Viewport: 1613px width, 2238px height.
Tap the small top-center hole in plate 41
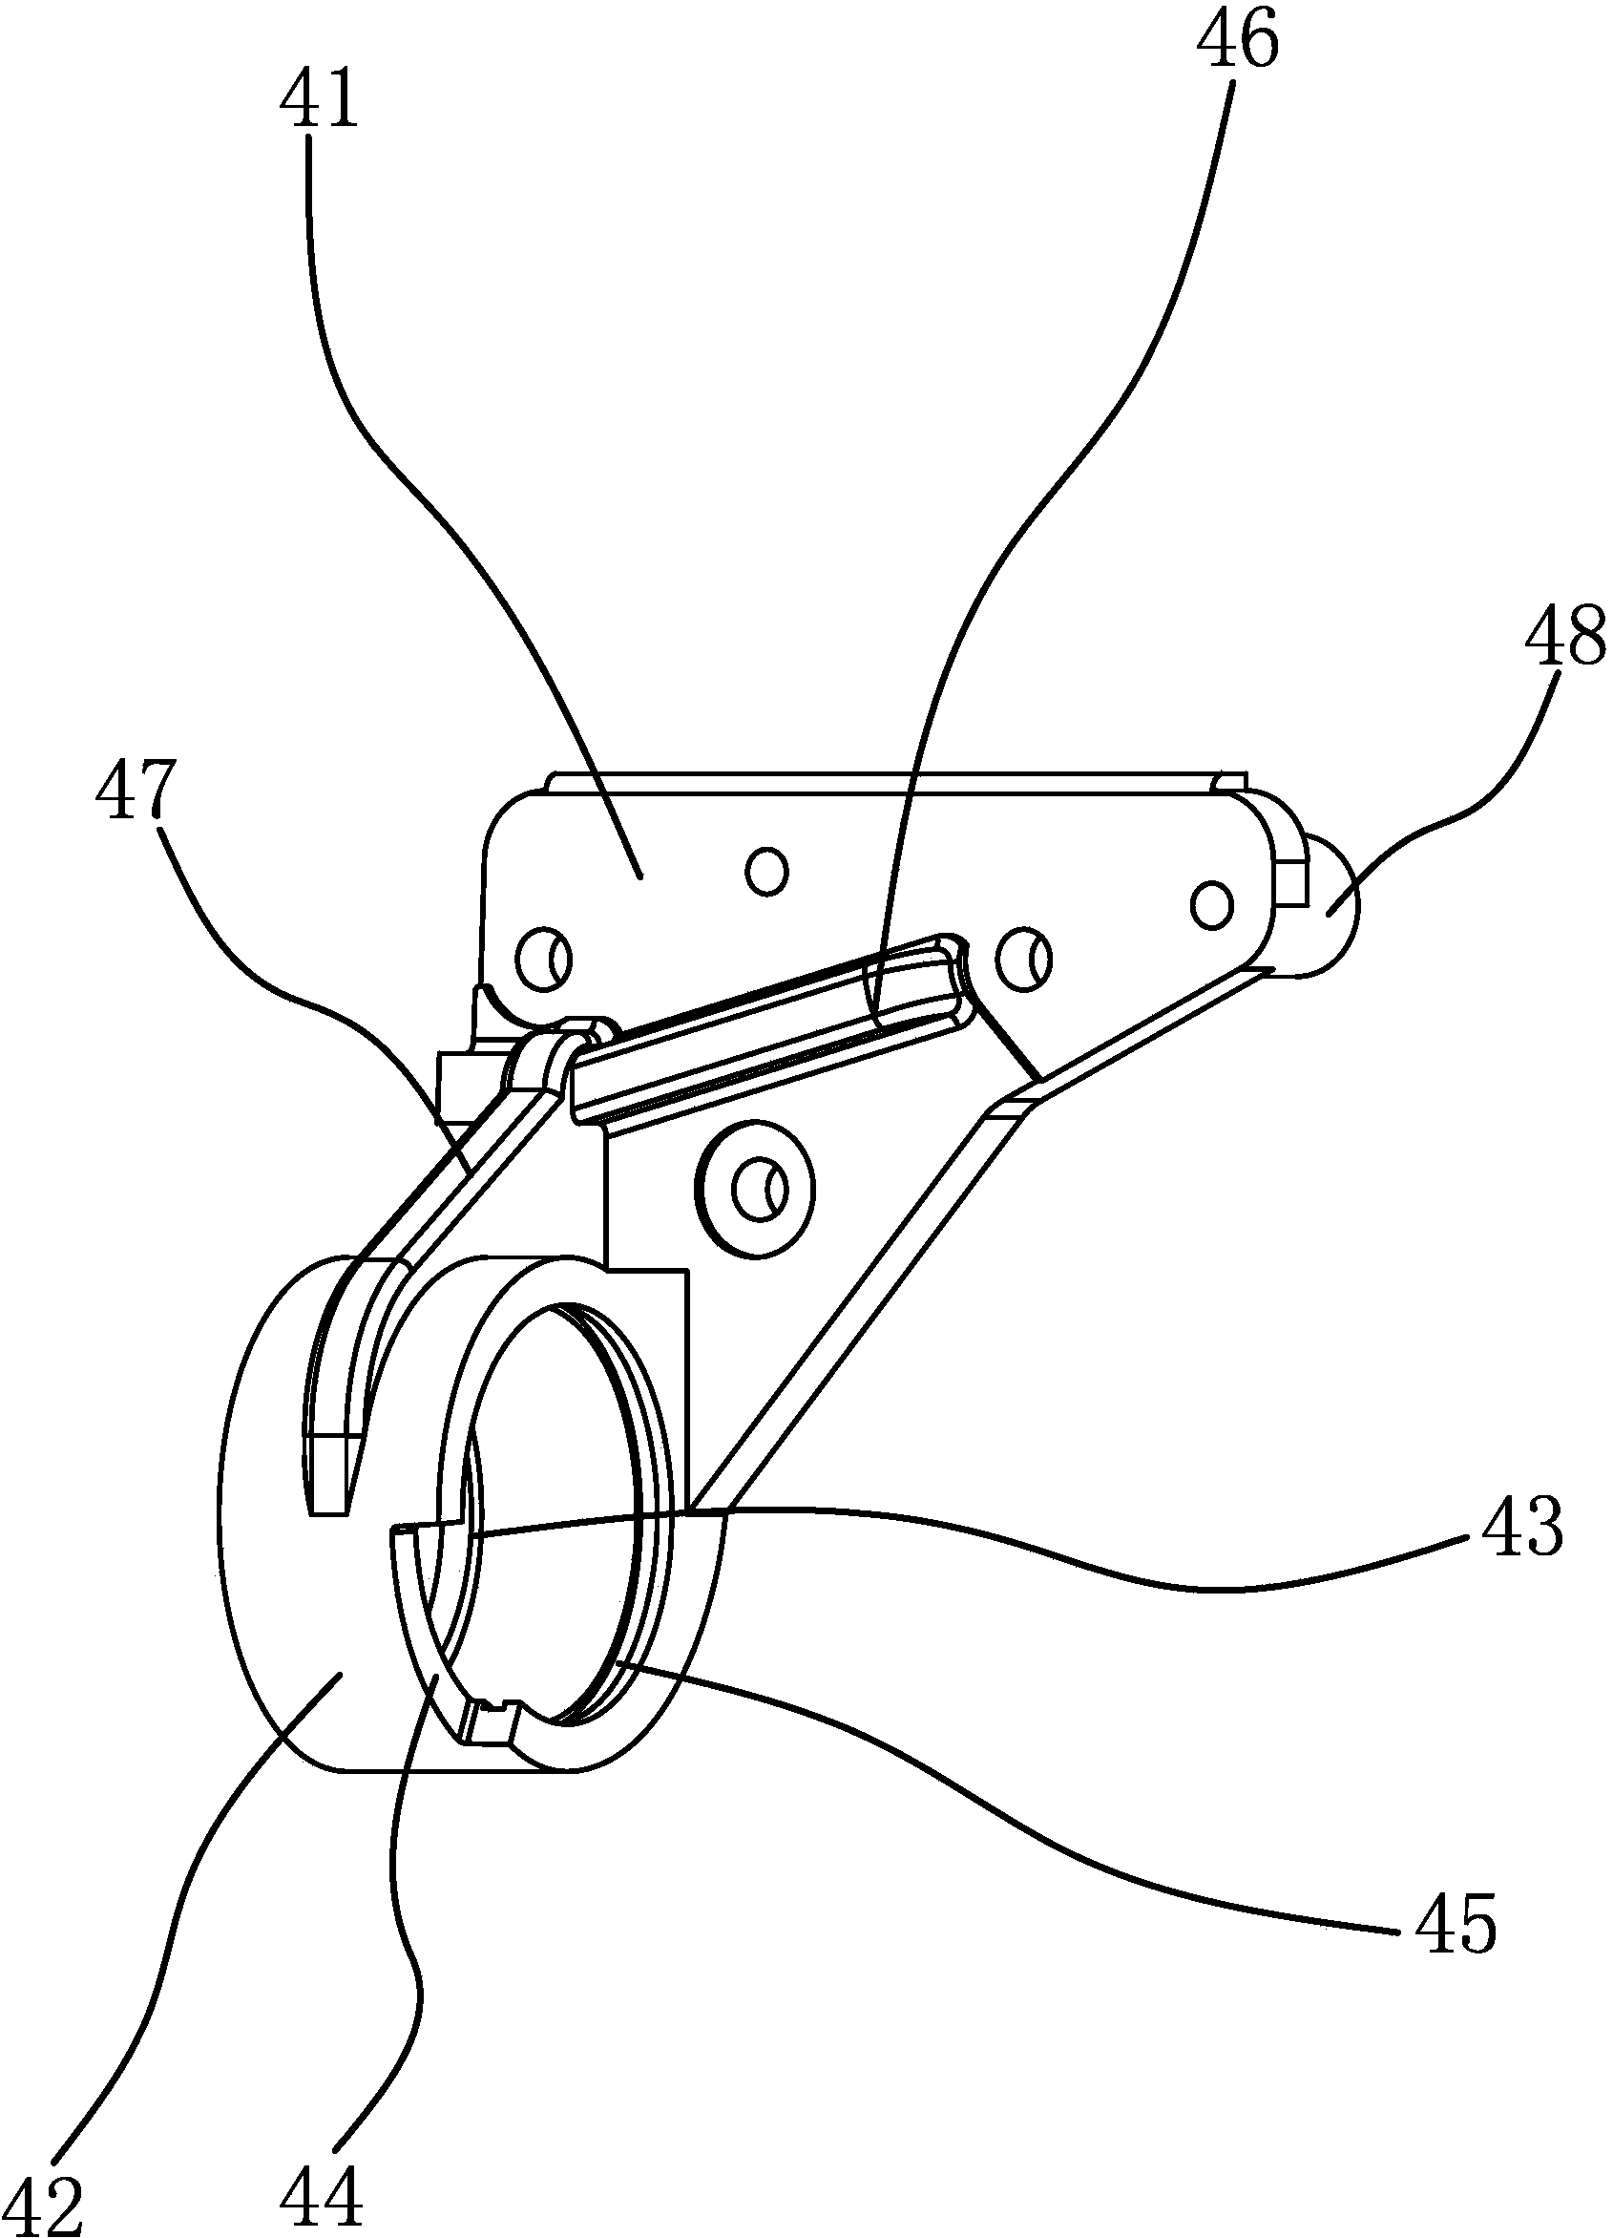(767, 870)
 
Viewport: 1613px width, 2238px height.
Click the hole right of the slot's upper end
(1024, 955)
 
